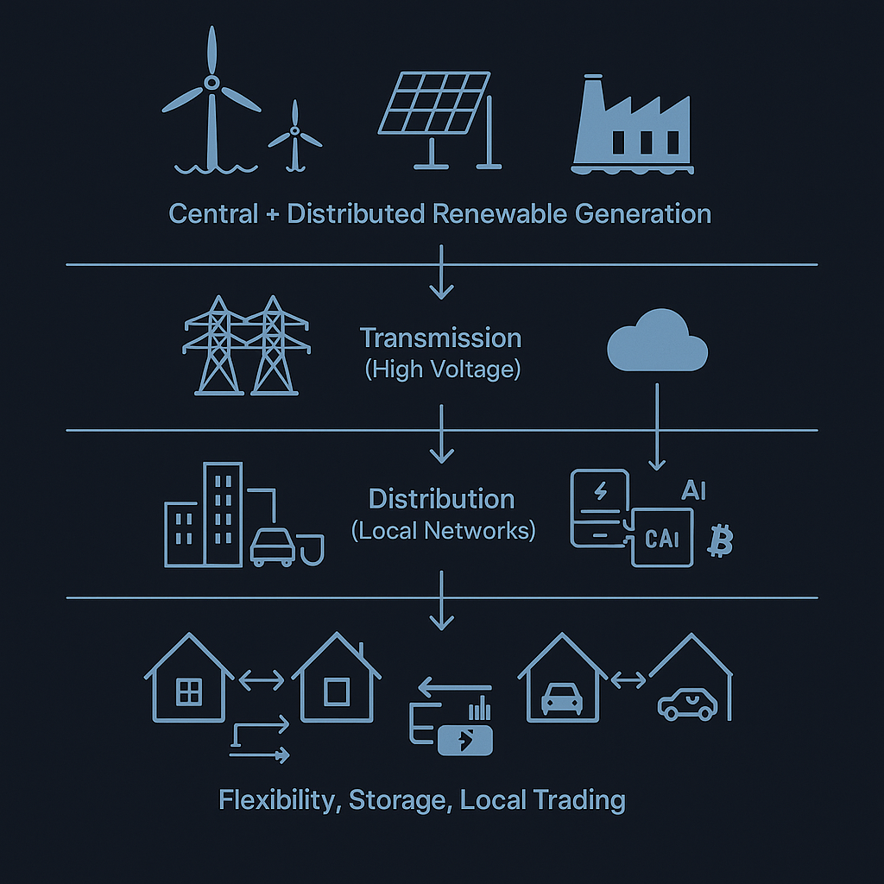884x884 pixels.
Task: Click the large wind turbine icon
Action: (211, 99)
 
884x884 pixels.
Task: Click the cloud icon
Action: (658, 345)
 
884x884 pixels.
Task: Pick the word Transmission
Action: (440, 338)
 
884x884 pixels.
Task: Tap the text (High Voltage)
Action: (442, 369)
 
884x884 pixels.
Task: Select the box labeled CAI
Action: (662, 537)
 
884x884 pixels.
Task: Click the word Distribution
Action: (441, 499)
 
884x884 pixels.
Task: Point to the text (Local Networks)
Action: (443, 530)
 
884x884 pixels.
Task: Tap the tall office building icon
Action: (222, 514)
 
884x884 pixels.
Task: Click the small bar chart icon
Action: (480, 709)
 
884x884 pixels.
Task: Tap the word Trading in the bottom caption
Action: (579, 799)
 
